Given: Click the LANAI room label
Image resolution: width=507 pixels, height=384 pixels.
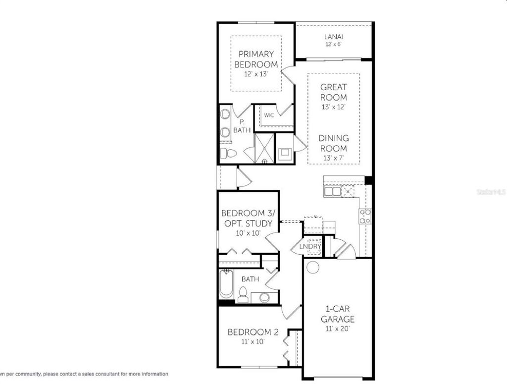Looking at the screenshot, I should pos(334,36).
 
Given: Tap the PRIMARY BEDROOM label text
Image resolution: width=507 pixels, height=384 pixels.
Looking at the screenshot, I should pos(256,59).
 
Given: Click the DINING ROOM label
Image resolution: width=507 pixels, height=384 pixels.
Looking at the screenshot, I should pos(333,143).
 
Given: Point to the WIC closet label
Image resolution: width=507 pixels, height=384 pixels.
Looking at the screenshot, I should pos(269,115).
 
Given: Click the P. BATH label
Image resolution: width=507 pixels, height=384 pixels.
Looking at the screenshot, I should pos(241,126).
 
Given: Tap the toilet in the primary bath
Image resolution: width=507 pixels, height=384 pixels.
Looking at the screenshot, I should pos(228,153).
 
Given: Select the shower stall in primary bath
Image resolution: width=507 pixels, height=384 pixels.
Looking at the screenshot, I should pos(264,148).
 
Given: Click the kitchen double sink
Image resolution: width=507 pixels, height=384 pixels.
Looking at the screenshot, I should pos(332,191).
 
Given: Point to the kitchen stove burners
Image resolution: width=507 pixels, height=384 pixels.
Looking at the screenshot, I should pos(365,216).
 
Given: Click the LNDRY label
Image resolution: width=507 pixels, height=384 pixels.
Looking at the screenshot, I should pos(311,246).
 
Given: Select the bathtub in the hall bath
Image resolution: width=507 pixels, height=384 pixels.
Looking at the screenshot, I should pos(226,284).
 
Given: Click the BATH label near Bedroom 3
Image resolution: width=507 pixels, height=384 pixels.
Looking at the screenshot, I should pos(250,279).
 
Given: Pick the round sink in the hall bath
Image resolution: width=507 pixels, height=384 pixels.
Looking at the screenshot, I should pos(265,298).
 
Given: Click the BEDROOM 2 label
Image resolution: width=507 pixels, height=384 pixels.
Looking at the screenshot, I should pos(250,332).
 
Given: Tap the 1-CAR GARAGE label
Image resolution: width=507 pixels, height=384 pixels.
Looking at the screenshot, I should pos(337,314).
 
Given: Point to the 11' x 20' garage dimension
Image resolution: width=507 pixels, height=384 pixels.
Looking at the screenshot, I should pos(337,328).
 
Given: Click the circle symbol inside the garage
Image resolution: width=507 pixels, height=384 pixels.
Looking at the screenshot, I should pos(312,267).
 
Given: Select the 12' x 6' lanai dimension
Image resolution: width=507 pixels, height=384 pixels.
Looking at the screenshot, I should pos(334,44).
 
